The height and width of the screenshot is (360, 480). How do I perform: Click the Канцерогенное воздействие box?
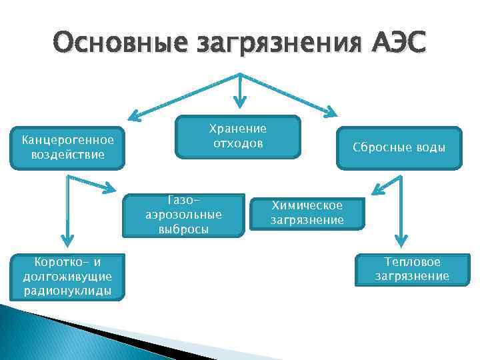coord(67,147)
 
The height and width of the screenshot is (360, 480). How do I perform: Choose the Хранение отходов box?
coord(238,137)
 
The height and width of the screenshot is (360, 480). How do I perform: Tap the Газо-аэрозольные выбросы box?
coord(183,215)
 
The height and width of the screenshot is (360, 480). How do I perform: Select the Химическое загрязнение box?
coord(307,213)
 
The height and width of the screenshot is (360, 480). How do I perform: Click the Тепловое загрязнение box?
coord(411,269)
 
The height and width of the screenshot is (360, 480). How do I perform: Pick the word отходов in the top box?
coord(238,143)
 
